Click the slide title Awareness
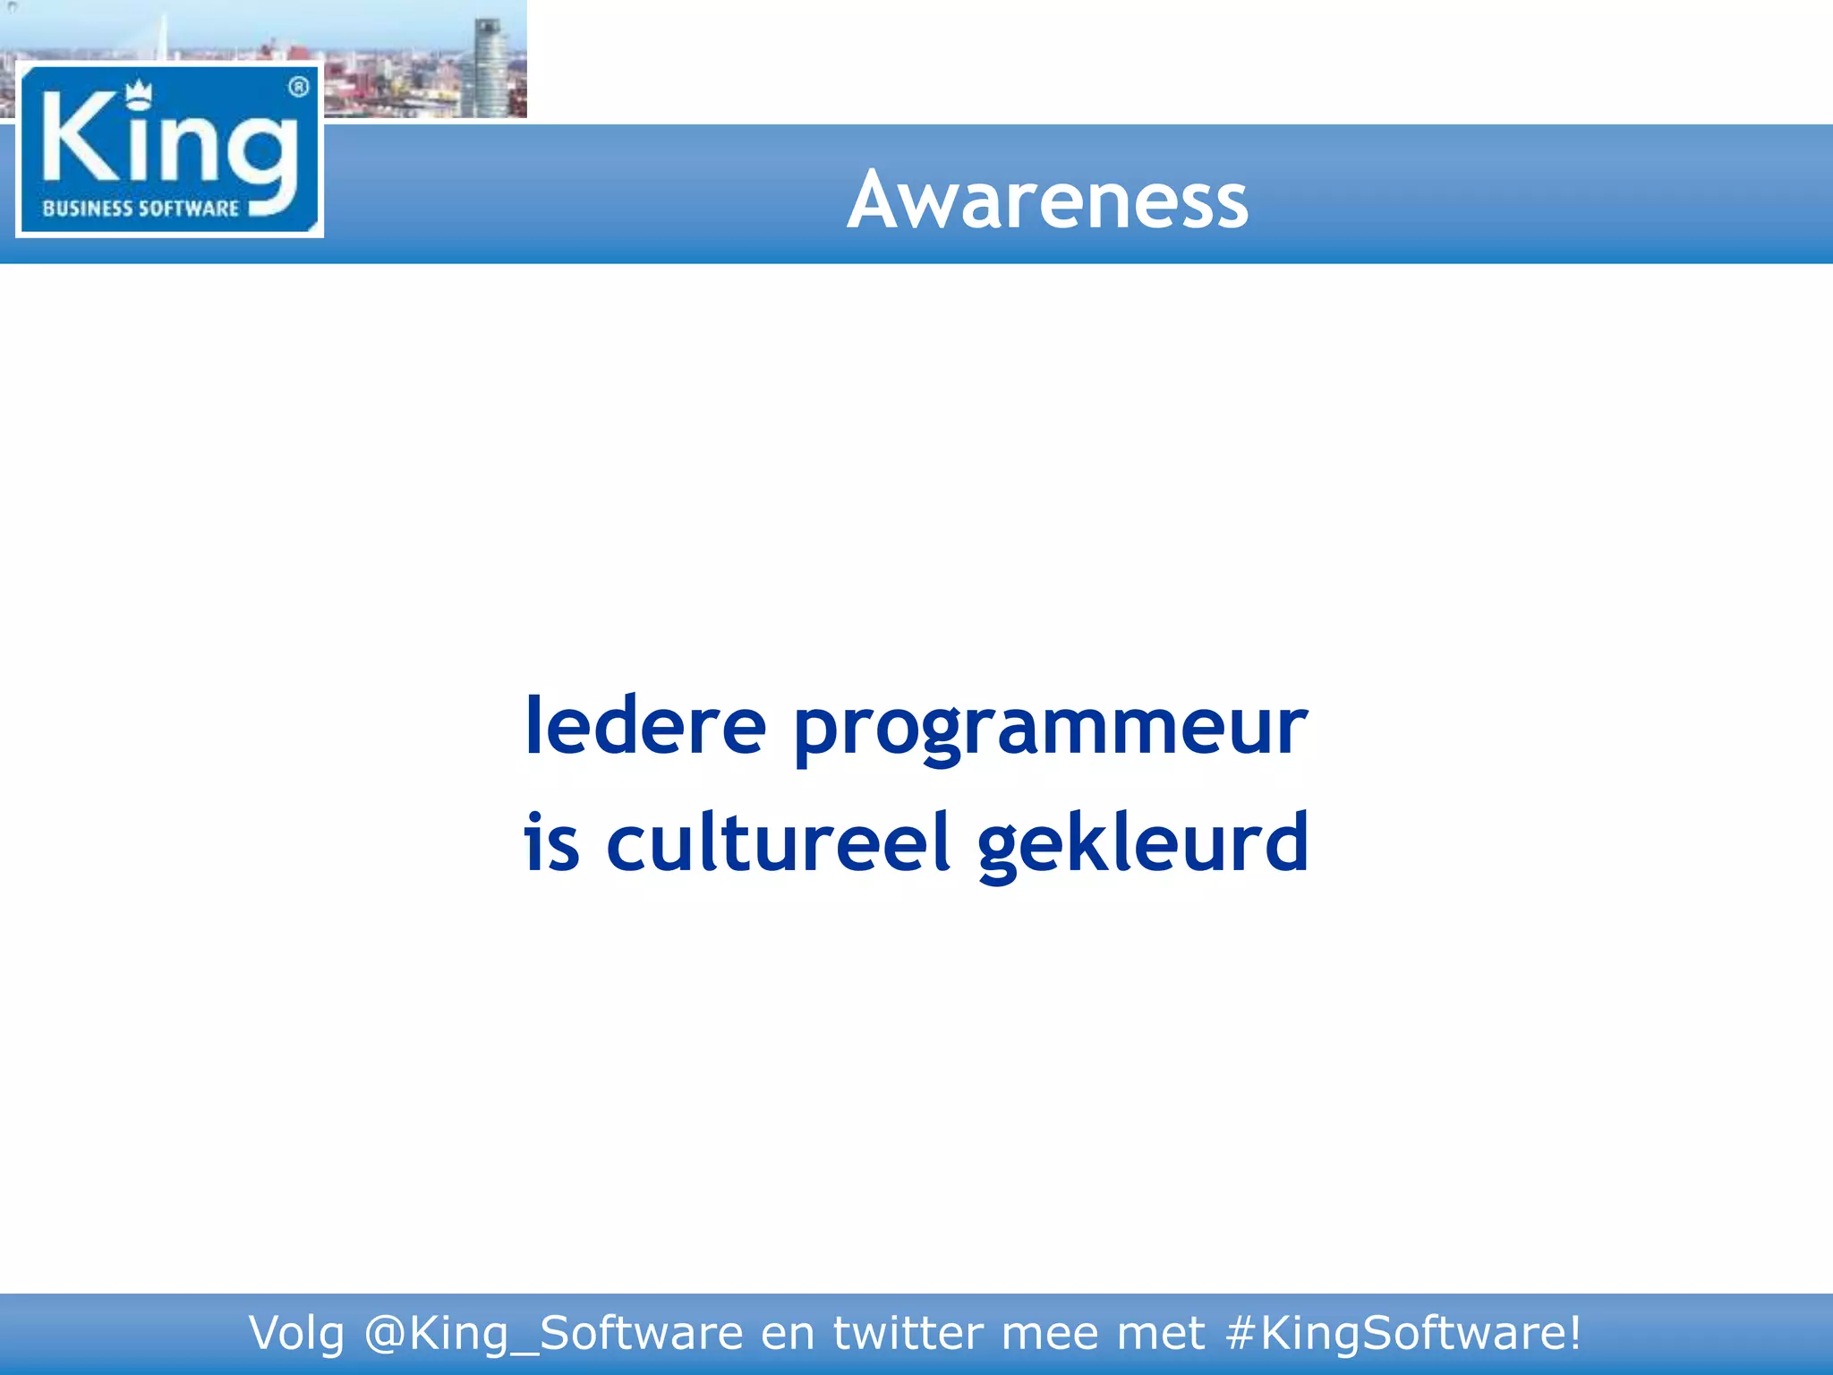(1047, 201)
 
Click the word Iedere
(644, 726)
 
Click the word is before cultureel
(551, 842)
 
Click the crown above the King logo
(138, 93)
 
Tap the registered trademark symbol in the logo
(299, 87)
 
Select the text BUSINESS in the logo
(87, 209)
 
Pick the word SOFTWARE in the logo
(189, 209)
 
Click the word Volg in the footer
(295, 1334)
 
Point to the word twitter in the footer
(908, 1333)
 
